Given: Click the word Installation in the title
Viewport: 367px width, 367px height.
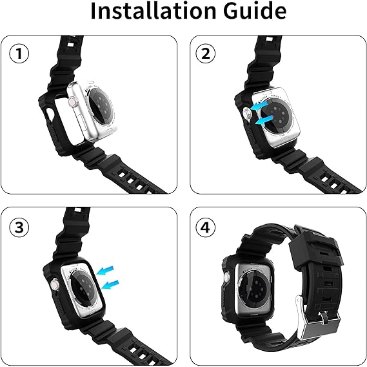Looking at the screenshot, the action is [154, 10].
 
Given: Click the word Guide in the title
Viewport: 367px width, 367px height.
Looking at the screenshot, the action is [255, 10].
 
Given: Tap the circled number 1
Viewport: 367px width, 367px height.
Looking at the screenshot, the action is [19, 54].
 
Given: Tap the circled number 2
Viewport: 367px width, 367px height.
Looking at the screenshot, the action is [206, 54].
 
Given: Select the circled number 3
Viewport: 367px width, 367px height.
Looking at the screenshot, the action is [19, 227].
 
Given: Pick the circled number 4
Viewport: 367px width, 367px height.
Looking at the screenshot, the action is [206, 227].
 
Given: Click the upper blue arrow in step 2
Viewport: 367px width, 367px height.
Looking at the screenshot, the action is [259, 105].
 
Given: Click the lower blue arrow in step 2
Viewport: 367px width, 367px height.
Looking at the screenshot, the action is [264, 120].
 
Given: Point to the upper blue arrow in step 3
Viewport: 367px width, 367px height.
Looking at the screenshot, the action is [105, 270].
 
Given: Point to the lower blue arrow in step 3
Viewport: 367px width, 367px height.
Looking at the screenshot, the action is [110, 284].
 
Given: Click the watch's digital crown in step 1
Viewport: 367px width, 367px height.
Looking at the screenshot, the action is [72, 103].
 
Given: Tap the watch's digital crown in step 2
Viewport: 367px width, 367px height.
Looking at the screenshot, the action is [247, 113].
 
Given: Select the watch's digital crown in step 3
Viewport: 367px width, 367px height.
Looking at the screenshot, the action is [55, 285].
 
